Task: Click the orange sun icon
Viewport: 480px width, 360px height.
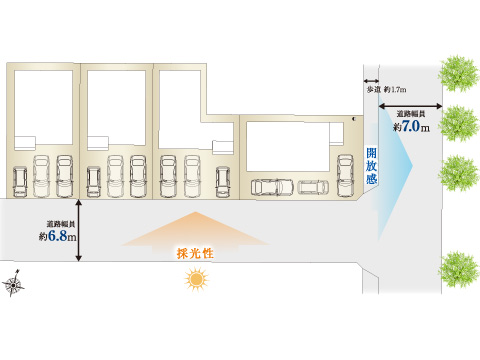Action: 196,279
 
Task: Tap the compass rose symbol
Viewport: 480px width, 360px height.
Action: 13,283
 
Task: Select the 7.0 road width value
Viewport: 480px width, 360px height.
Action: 411,126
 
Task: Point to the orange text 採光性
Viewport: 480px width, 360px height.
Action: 195,253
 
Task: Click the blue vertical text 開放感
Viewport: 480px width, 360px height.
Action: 372,166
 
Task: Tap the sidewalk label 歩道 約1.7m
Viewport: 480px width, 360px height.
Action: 386,89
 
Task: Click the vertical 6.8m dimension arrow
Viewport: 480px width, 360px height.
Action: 79,230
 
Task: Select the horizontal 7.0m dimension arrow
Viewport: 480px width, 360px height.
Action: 411,106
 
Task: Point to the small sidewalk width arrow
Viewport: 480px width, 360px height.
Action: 371,81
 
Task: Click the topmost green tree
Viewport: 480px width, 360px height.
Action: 459,74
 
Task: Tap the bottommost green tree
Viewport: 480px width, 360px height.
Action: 459,269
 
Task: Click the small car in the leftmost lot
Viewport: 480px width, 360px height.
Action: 20,182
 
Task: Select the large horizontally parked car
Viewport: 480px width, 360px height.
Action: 272,187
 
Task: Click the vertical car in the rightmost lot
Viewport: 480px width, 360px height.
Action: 345,176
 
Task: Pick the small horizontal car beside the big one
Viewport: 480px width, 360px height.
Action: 313,187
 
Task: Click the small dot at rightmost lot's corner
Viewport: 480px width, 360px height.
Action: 354,118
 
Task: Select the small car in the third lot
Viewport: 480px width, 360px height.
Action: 222,182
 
